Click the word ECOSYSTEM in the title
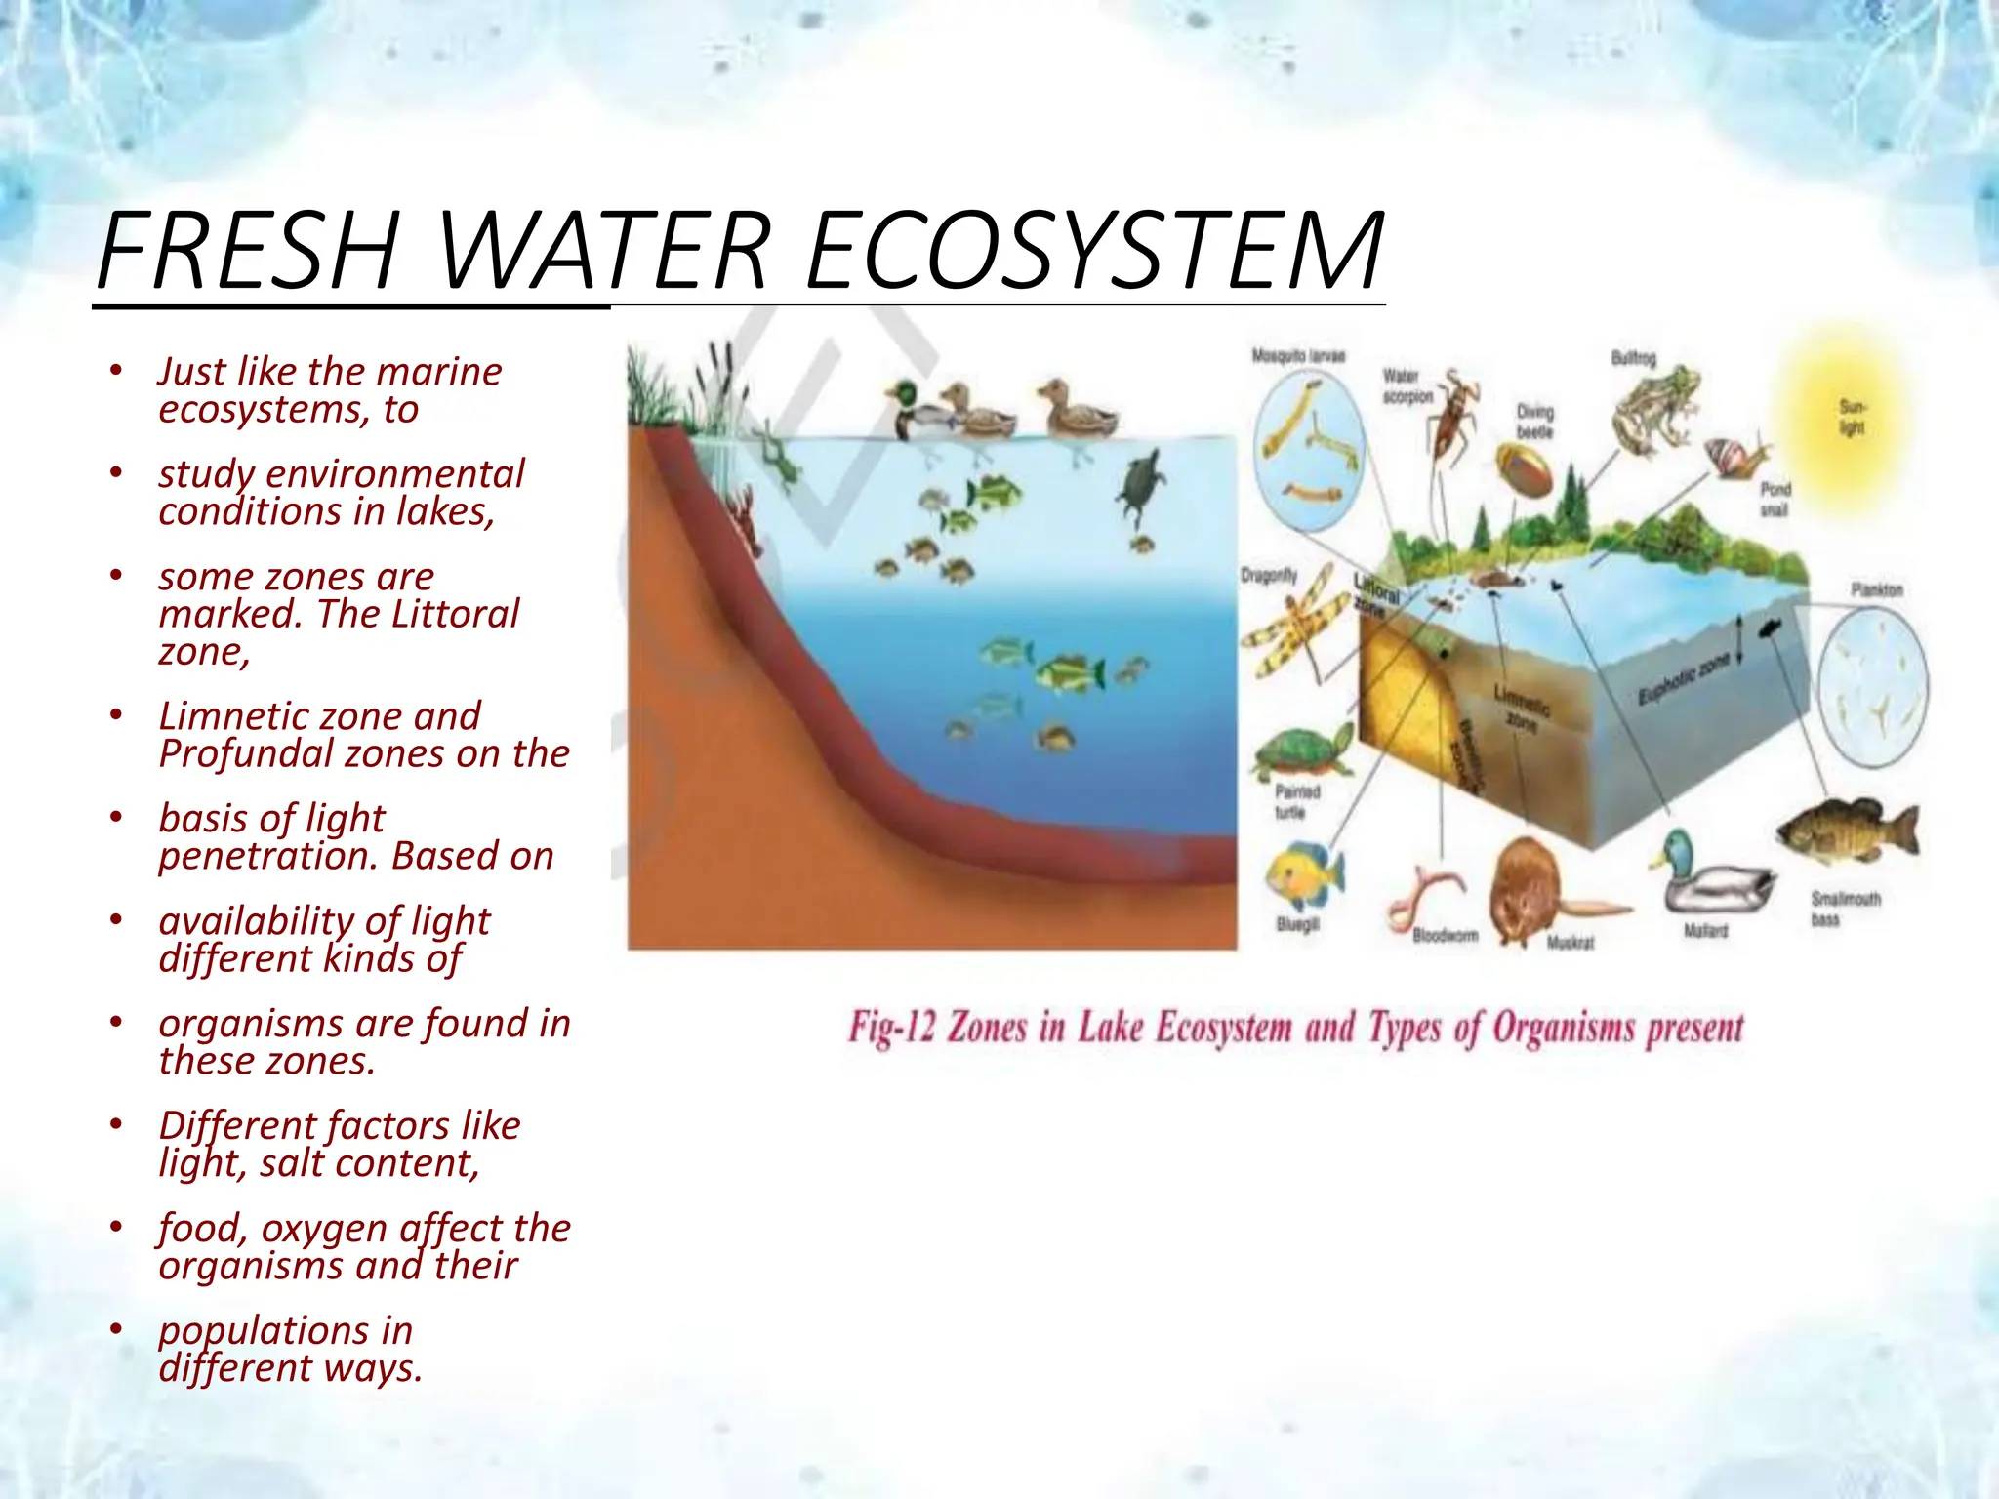point(1094,251)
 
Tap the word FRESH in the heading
point(249,251)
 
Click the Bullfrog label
point(1633,358)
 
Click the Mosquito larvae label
point(1298,356)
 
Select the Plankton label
point(1876,589)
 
